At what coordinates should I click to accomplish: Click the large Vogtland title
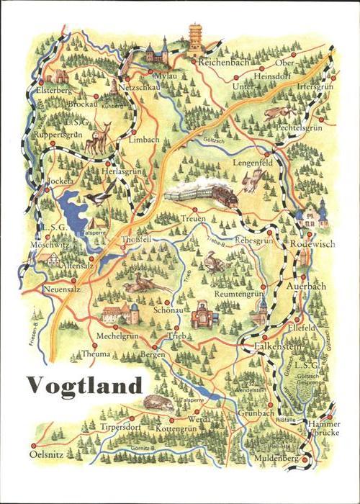pyautogui.click(x=85, y=386)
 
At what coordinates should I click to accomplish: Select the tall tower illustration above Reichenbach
pyautogui.click(x=195, y=40)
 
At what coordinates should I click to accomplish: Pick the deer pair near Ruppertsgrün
pyautogui.click(x=97, y=139)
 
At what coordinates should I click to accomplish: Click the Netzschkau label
pyautogui.click(x=143, y=86)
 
